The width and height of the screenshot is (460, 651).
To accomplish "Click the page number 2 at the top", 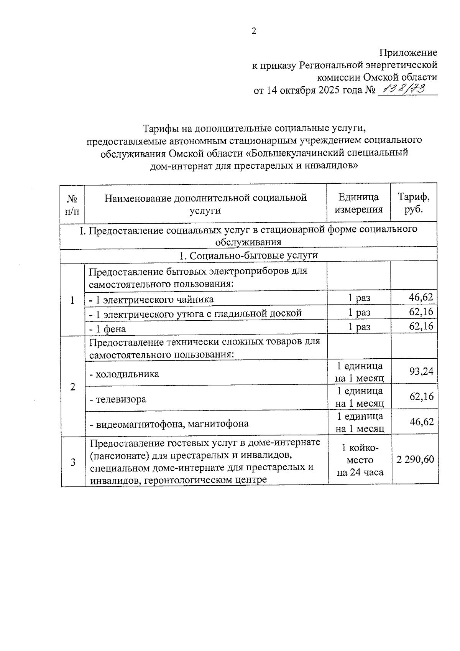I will [253, 31].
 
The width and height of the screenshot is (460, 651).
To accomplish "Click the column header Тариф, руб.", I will [413, 203].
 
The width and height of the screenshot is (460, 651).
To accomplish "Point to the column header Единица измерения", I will [358, 203].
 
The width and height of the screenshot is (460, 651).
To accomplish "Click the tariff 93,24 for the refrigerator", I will [421, 371].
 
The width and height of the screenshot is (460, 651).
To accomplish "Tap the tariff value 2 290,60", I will [415, 459].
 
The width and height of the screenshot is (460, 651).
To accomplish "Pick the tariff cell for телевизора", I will [421, 396].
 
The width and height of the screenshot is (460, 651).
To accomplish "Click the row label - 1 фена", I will [108, 329].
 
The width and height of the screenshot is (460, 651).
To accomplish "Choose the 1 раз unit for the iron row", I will [359, 312].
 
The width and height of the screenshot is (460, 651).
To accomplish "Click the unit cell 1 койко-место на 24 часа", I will [360, 460].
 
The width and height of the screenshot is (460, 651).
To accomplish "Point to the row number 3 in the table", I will [73, 462].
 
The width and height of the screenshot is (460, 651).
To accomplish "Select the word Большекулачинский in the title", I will [297, 153].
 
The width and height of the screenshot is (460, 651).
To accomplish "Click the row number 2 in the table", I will [73, 387].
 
